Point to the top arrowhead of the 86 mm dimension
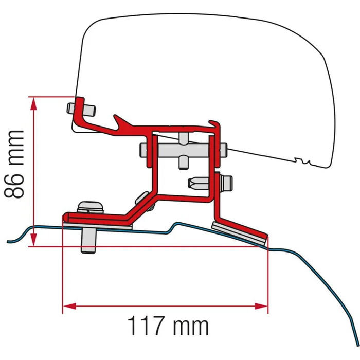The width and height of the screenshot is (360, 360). click(34, 103)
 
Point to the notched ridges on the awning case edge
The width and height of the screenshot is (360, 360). click(304, 161)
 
